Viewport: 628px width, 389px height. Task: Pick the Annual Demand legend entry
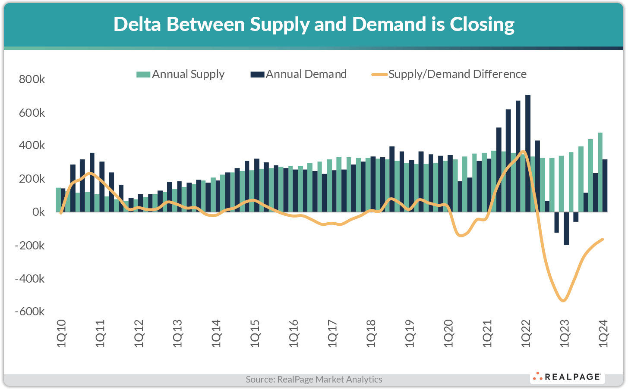pyautogui.click(x=299, y=75)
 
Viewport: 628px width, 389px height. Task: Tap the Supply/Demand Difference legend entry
pyautogui.click(x=449, y=75)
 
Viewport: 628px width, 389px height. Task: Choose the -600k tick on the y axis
pyautogui.click(x=29, y=311)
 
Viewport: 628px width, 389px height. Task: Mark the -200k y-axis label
pyautogui.click(x=29, y=246)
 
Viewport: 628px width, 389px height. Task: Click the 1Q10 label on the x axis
pyautogui.click(x=61, y=333)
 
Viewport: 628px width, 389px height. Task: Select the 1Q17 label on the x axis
pyautogui.click(x=332, y=333)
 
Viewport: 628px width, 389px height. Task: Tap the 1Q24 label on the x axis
pyautogui.click(x=603, y=333)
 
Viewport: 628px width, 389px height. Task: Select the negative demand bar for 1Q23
pyautogui.click(x=566, y=228)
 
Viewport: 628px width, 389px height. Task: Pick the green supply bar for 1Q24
pyautogui.click(x=600, y=172)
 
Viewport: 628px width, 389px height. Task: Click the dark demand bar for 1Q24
pyautogui.click(x=605, y=186)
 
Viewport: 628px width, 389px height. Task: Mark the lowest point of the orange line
pyautogui.click(x=563, y=300)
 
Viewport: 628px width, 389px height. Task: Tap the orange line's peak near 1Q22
pyautogui.click(x=523, y=151)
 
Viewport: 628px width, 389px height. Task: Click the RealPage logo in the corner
pyautogui.click(x=567, y=377)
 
